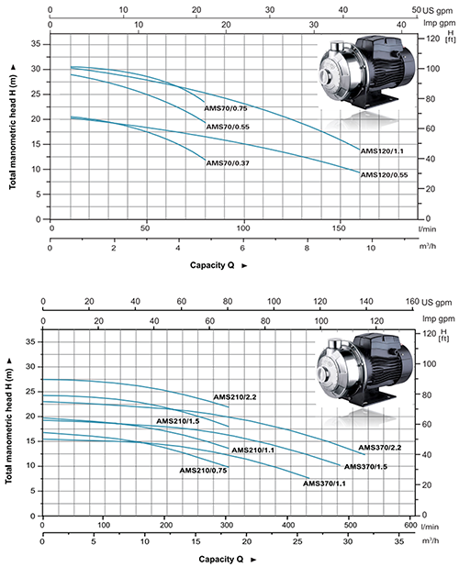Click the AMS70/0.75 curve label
coord(226,108)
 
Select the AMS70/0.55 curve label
coord(228,127)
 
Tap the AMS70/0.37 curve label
coord(228,163)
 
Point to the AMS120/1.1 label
coord(382,151)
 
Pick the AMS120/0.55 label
coord(384,174)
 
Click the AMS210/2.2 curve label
coord(235,397)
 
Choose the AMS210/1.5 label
coord(177,421)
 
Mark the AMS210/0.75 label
coord(203,471)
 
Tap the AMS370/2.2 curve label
coord(380,448)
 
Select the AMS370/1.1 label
coord(324,484)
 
